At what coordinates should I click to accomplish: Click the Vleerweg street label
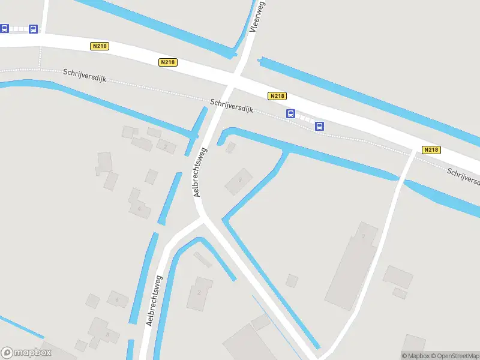coord(257,16)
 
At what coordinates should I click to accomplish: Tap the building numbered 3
coord(239,180)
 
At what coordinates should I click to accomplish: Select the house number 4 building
coord(140,207)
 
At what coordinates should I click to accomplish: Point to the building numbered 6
coord(117,299)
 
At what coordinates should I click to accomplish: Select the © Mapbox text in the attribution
coord(414,356)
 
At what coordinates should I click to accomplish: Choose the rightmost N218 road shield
coord(431,150)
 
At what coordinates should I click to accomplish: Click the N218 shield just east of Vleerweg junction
coord(277,96)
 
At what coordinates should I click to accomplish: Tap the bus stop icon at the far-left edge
coord(4,28)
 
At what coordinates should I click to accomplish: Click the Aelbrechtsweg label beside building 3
coord(199,172)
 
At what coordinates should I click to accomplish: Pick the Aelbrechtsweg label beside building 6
coord(154,300)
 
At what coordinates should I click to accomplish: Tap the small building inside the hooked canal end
coord(230,148)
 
